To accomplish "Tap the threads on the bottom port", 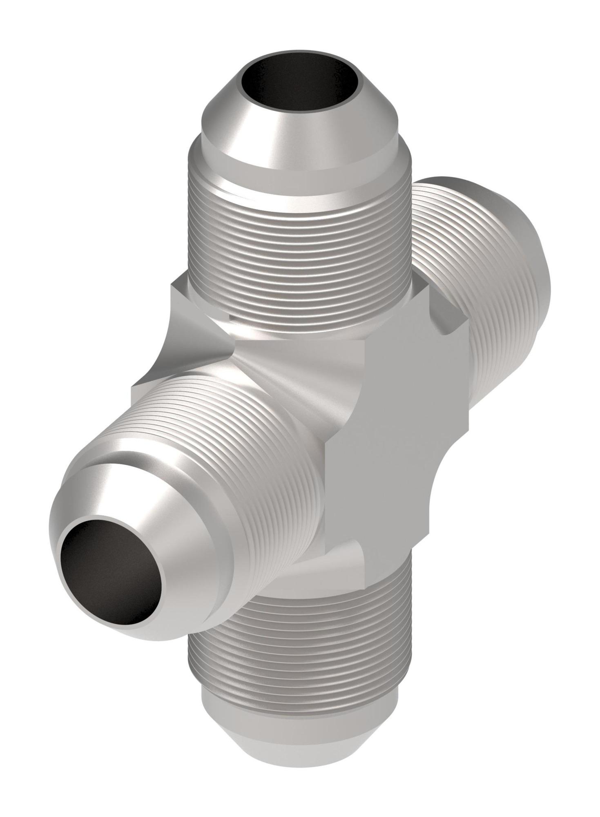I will click(298, 654).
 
